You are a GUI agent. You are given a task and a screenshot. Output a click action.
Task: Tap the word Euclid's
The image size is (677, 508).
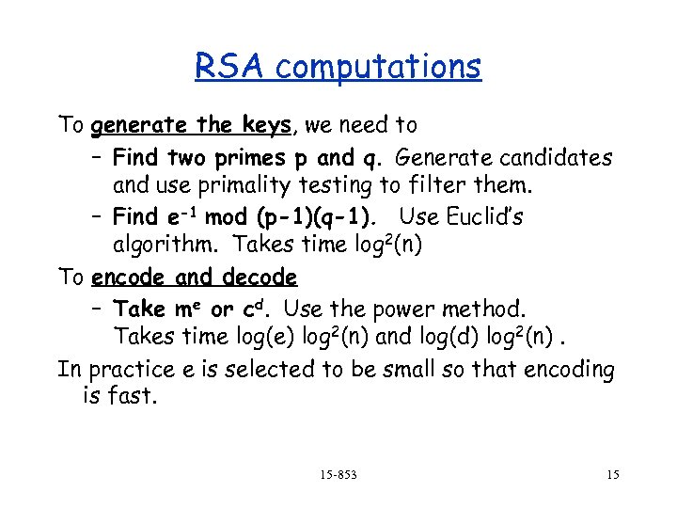(x=480, y=217)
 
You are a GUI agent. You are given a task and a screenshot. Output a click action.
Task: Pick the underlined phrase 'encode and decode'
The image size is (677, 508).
(x=195, y=278)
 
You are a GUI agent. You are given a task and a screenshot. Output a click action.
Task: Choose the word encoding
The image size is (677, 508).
(x=553, y=369)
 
